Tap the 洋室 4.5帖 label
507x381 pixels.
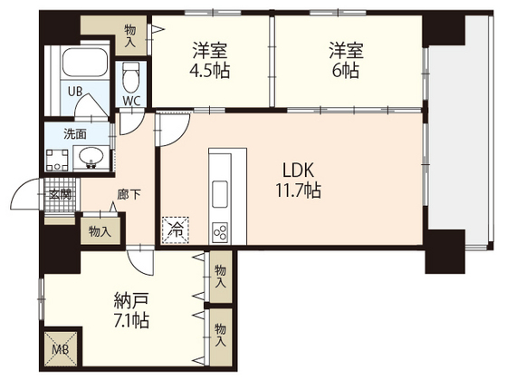[x=207, y=59]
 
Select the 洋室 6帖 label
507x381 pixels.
[x=347, y=59]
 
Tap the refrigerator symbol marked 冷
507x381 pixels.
[x=173, y=230]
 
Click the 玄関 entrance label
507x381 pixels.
[x=61, y=193]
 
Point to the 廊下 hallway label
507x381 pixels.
[x=127, y=194]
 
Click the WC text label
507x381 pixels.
[x=132, y=101]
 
